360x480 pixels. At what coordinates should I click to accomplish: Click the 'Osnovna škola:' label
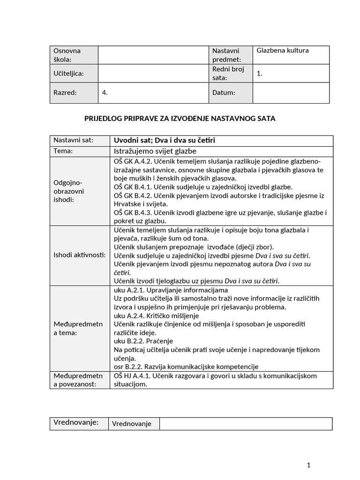pos(67,55)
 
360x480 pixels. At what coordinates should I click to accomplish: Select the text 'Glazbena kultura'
pos(283,51)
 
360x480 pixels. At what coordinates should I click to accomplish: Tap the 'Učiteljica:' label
pos(69,74)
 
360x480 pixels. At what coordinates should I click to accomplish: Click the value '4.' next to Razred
pos(105,93)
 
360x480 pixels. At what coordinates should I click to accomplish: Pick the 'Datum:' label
pos(224,93)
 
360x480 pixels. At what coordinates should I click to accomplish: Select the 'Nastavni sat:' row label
pos(73,140)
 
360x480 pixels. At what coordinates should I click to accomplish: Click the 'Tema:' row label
pos(63,151)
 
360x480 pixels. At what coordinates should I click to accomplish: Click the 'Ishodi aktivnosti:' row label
pos(79,255)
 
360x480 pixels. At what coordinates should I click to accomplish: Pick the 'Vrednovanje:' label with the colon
pos(76,422)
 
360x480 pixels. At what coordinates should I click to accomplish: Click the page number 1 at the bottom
pos(308,465)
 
